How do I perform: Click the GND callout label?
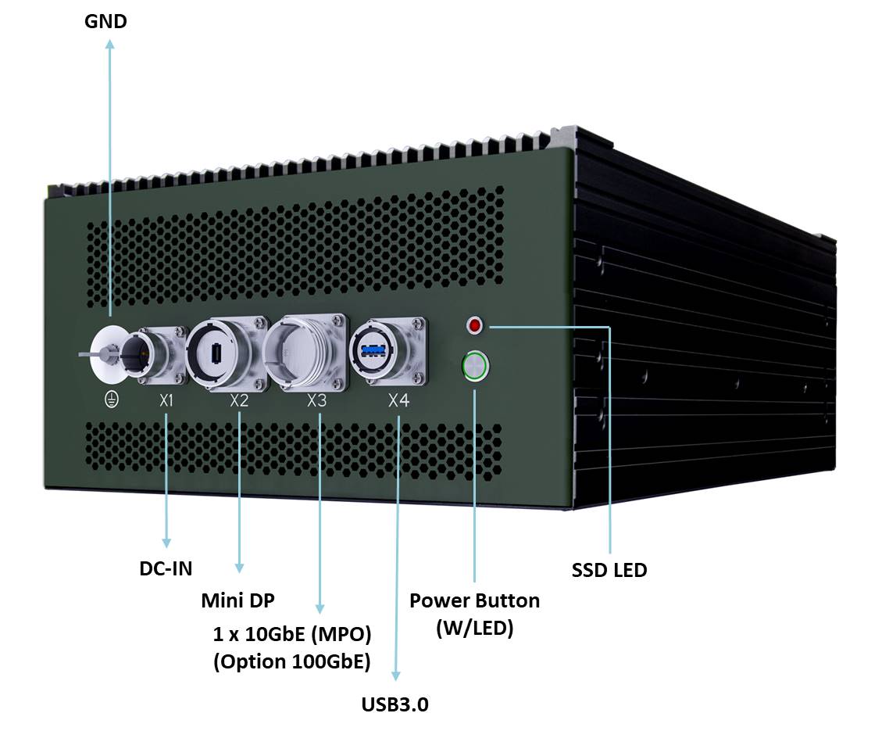(x=105, y=21)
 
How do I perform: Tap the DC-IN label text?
(x=166, y=568)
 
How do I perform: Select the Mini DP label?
(x=237, y=600)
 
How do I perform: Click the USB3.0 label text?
(x=395, y=704)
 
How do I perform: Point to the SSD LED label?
(x=609, y=570)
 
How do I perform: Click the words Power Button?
(x=474, y=600)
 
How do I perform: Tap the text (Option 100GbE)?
(x=291, y=661)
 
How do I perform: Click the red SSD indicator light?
(x=474, y=324)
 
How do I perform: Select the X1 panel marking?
(x=166, y=401)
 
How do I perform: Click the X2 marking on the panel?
(x=239, y=401)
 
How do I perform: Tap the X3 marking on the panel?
(x=316, y=401)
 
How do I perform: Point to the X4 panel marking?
(x=398, y=401)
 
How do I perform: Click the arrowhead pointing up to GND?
(x=109, y=45)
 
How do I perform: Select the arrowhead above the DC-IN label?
(x=166, y=541)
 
